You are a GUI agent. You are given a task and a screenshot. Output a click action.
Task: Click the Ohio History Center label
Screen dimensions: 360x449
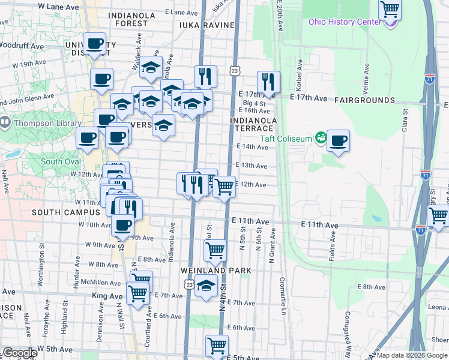click(345, 22)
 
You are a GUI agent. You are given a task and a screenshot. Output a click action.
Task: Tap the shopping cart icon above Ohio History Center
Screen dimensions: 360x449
click(390, 10)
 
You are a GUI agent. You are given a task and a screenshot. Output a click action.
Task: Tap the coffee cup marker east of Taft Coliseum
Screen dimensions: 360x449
click(338, 142)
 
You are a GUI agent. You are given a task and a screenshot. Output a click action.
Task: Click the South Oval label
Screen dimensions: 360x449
click(60, 161)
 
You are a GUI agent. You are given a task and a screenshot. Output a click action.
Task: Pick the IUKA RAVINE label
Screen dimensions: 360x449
click(206, 25)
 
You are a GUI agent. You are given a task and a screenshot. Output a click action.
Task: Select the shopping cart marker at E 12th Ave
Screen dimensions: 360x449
click(224, 187)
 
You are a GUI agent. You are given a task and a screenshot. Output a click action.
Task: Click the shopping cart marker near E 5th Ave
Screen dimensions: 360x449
click(216, 345)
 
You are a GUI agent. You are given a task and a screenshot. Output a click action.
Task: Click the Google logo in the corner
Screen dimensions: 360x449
click(20, 353)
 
